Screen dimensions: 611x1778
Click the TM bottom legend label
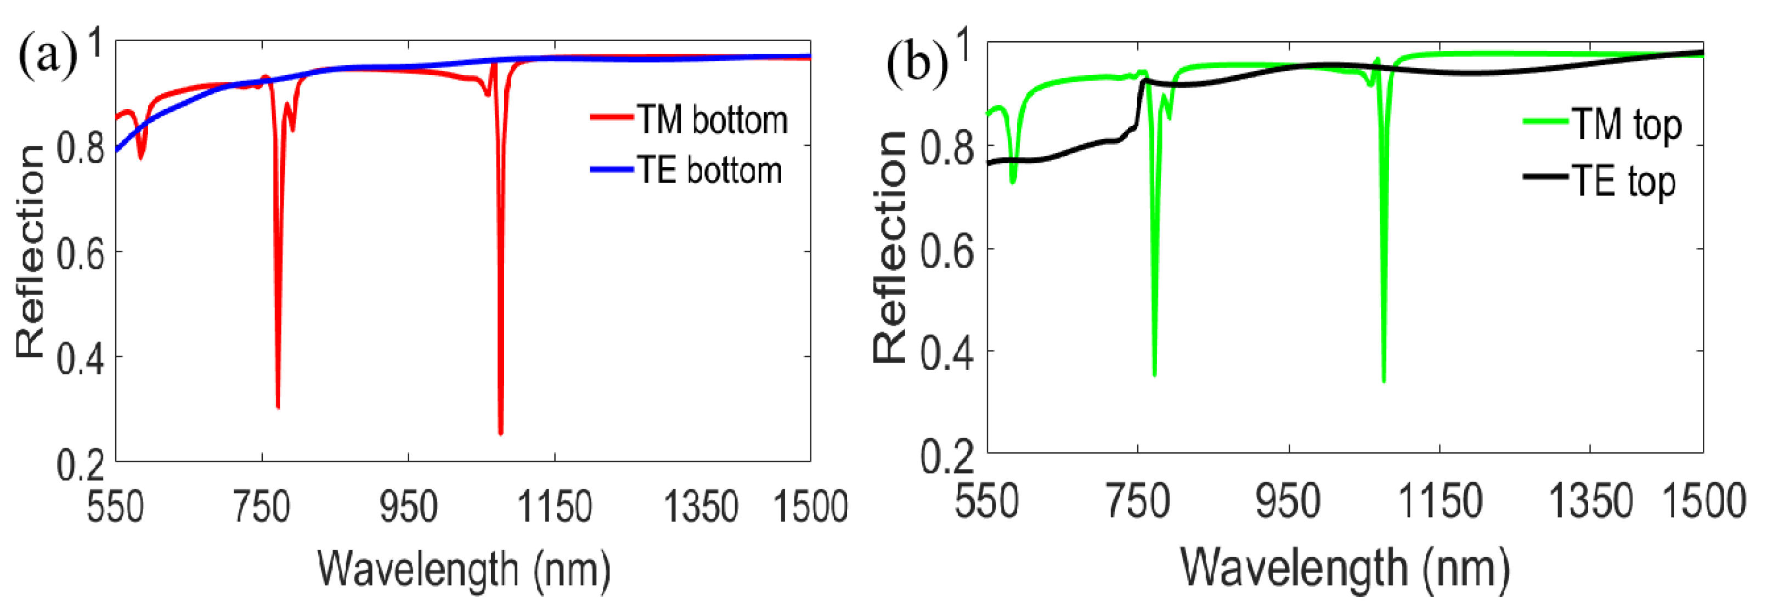[x=711, y=120]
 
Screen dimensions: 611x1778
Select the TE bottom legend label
[x=709, y=171]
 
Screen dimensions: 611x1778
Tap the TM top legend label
[x=1626, y=125]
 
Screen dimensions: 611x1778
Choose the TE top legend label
[x=1623, y=182]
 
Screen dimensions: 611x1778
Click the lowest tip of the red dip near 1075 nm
[x=500, y=433]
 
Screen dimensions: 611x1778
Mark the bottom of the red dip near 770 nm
[x=278, y=408]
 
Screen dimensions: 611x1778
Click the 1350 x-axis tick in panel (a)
[x=701, y=506]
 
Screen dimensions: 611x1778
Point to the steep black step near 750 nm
[x=1139, y=104]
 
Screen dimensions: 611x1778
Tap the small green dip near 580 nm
[x=1013, y=181]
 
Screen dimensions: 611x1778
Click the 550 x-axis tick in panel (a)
[x=115, y=506]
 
